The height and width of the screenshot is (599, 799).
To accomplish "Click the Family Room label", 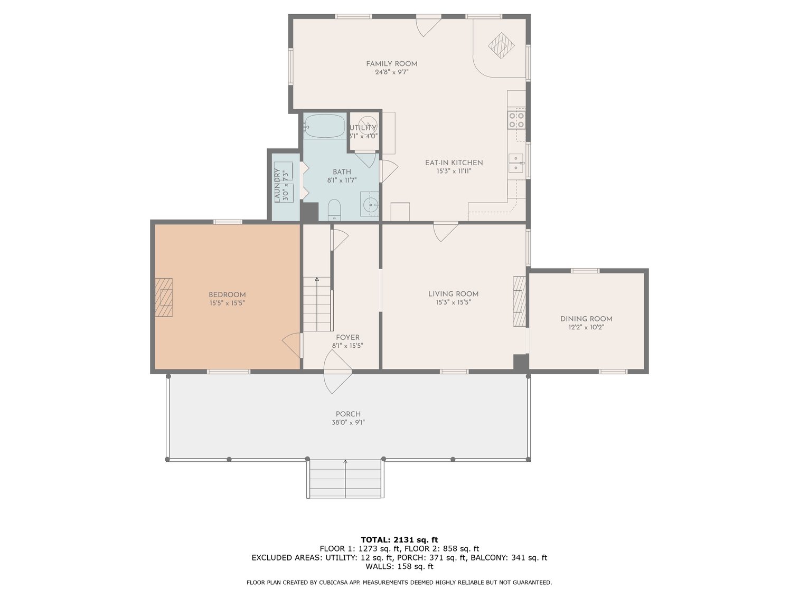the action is pos(391,64).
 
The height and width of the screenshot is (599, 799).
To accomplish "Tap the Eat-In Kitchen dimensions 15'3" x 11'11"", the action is pos(454,171).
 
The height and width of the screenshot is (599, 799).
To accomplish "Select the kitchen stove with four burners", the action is pos(516,120).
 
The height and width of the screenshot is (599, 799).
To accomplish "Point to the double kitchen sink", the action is pos(516,163).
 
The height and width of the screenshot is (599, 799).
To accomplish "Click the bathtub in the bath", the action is pos(324,126).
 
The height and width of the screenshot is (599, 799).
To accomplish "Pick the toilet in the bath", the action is pos(334,210).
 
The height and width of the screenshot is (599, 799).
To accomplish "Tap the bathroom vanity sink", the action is pos(370,204).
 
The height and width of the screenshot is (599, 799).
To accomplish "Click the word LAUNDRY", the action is pos(277,185).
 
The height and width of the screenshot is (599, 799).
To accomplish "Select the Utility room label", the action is pos(363,128).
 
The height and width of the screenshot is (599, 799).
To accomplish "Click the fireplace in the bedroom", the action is pos(163,298).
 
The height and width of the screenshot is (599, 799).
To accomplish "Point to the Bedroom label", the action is pos(227,294).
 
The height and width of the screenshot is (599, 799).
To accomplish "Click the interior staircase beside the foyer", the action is pos(317,304).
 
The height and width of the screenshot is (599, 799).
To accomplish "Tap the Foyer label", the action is pos(347,337).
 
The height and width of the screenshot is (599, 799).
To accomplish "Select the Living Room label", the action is pos(453,293).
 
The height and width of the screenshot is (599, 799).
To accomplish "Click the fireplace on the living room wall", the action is pos(520,301).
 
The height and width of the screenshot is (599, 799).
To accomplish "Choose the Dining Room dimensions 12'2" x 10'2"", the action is pos(586,327).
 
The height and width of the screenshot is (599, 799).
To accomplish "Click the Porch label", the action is pos(348,414).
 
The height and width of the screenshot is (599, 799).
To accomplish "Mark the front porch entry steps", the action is pos(345,479).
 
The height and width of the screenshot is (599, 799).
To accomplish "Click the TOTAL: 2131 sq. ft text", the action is pos(399,540).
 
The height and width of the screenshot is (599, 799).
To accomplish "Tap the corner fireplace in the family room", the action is pos(501,45).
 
